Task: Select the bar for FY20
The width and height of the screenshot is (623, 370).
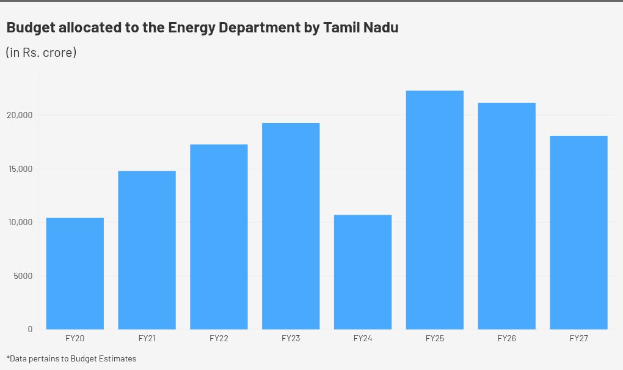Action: point(75,273)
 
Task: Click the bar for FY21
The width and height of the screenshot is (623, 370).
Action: point(147,250)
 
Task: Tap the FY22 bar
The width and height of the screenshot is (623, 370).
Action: point(219,237)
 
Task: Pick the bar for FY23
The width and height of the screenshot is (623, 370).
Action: point(291,226)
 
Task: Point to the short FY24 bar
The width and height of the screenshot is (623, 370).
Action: point(363,272)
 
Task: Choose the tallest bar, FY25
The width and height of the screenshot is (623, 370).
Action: point(435,210)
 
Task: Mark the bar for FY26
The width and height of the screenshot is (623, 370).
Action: point(507,216)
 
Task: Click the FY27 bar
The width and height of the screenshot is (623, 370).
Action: point(578,232)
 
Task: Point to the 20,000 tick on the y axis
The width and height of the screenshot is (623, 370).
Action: point(21,115)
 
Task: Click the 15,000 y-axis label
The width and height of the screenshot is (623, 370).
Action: point(21,169)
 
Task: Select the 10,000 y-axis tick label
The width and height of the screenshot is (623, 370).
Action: point(21,222)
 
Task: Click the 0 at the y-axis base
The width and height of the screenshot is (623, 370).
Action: point(31,329)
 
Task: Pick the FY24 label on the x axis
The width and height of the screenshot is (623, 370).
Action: point(363,338)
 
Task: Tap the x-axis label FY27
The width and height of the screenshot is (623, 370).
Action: point(578,338)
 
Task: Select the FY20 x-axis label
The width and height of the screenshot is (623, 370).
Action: point(75,338)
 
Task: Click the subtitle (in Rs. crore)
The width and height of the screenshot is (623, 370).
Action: point(41,53)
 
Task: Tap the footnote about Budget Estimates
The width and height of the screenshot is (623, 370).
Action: point(71,358)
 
